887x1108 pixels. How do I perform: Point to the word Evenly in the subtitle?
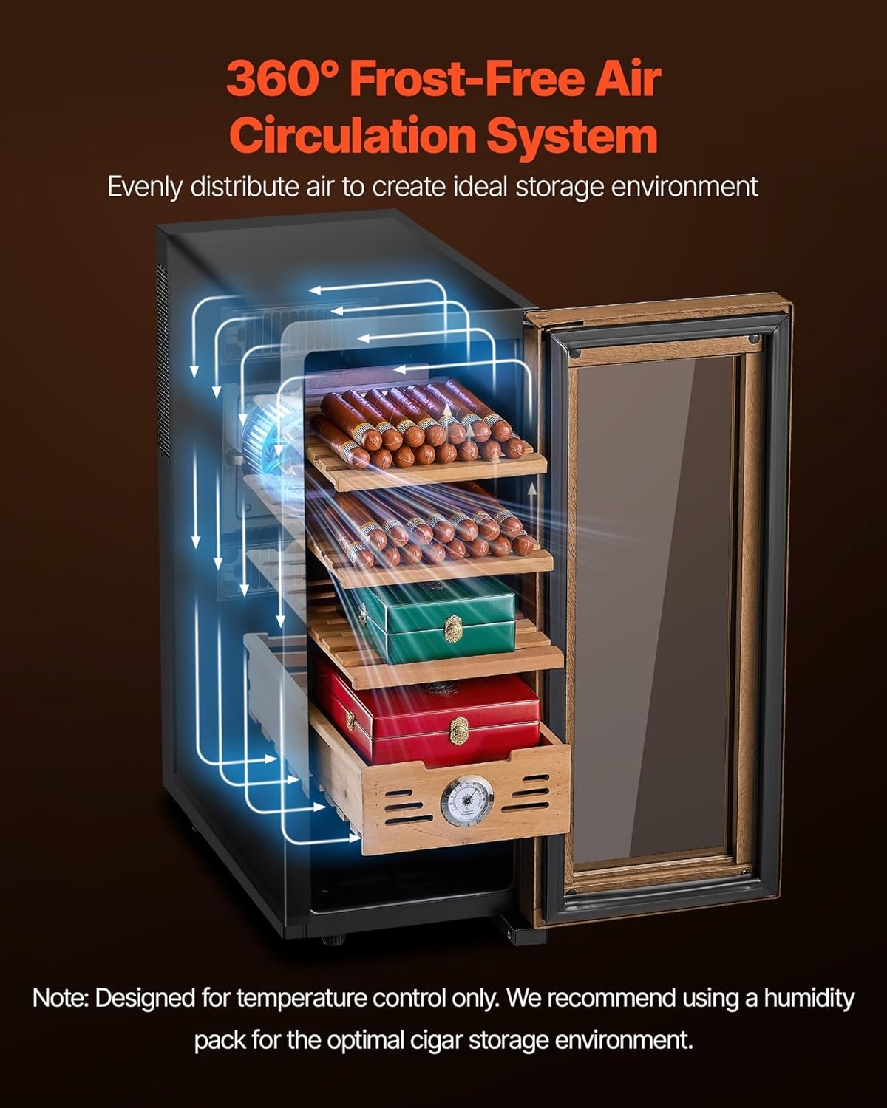click(x=145, y=187)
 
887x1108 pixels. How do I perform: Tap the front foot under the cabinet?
click(x=336, y=940)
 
